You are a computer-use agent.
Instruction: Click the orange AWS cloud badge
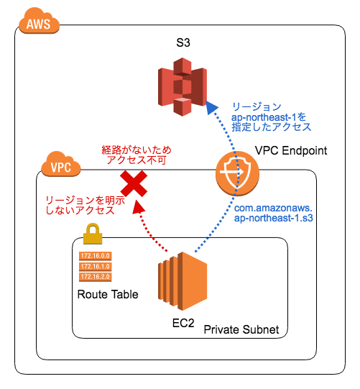39,24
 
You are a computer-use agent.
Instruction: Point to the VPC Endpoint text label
291,152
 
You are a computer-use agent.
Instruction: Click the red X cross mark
133,185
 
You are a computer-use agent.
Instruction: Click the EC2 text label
183,324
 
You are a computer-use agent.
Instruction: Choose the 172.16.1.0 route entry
96,266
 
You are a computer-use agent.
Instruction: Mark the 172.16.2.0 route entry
96,276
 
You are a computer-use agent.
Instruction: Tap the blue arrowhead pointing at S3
211,107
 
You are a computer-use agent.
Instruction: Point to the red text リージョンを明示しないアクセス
83,205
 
